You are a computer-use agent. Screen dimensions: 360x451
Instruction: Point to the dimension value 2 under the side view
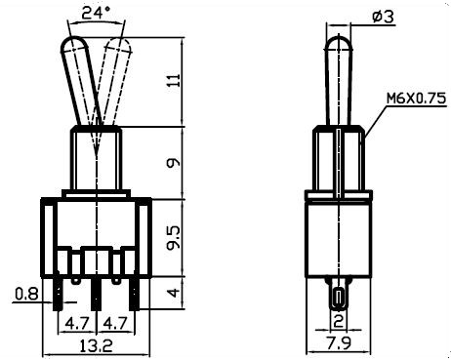pos(338,321)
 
